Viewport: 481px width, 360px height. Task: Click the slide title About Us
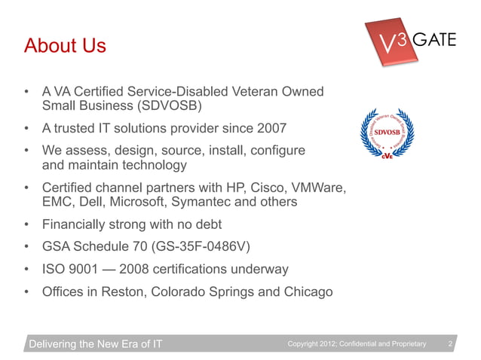coord(65,47)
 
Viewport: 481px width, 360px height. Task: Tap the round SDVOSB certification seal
coord(391,136)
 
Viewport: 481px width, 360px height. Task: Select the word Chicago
coord(305,291)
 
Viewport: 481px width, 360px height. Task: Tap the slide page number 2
coord(450,344)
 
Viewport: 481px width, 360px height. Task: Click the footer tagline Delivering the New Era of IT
coord(96,345)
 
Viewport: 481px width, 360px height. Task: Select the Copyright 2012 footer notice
coord(357,345)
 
